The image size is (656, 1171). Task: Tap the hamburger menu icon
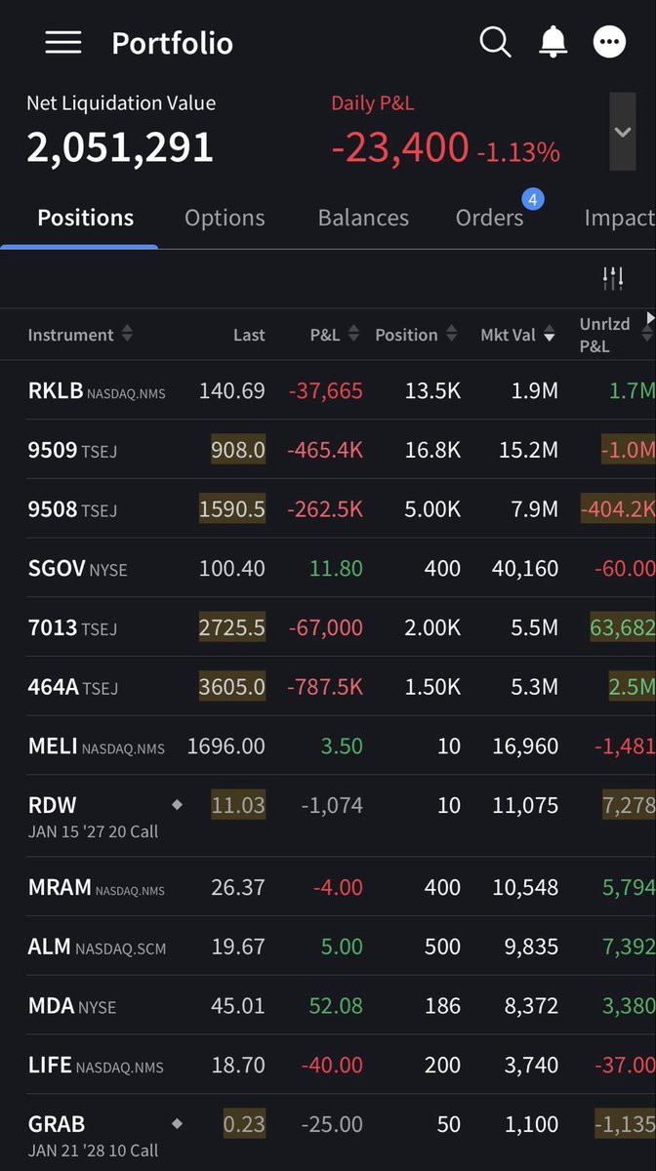click(63, 42)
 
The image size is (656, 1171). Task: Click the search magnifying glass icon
click(495, 42)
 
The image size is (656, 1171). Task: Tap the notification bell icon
click(553, 42)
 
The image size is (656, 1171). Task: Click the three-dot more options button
click(609, 42)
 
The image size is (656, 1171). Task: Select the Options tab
click(225, 218)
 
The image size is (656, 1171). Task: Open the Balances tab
click(363, 218)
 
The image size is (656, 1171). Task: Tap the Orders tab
click(489, 218)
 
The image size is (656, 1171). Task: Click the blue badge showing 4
click(533, 199)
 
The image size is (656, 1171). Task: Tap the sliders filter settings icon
click(613, 278)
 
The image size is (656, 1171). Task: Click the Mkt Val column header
click(508, 335)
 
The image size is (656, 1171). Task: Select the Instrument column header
click(70, 335)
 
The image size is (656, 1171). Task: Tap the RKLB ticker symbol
click(56, 390)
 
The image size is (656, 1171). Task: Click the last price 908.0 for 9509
click(238, 450)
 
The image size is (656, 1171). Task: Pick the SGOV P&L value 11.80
click(336, 568)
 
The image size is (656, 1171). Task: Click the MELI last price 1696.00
click(226, 746)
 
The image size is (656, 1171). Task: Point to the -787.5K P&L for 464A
click(325, 686)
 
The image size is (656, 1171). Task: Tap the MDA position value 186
click(442, 1006)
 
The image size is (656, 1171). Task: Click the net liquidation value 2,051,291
click(120, 147)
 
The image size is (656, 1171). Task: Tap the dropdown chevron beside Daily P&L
click(623, 132)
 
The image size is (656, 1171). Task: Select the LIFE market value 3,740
click(531, 1065)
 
